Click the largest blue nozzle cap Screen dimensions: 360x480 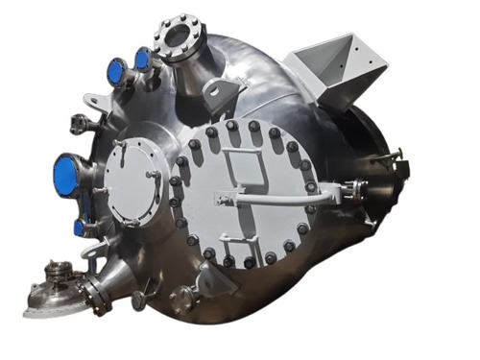[x=68, y=175]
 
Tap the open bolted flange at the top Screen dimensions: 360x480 [x=178, y=36]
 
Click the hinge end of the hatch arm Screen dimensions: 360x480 [x=336, y=188]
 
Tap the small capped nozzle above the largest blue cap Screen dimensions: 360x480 [x=77, y=122]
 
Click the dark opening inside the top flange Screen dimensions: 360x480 [x=179, y=36]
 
